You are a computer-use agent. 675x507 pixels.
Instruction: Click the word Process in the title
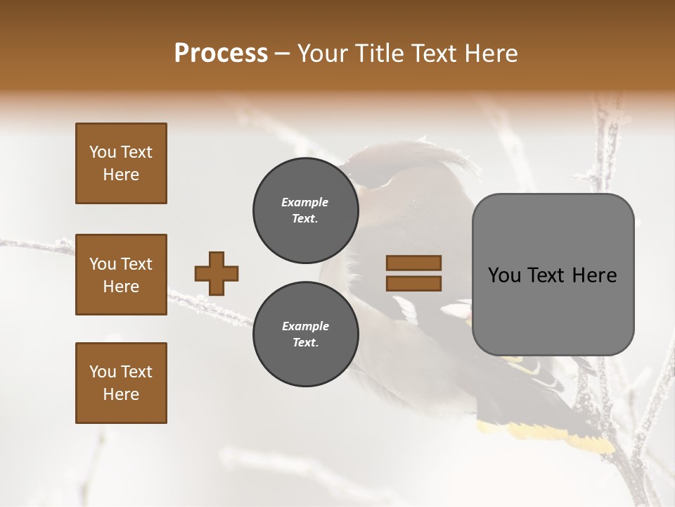221,53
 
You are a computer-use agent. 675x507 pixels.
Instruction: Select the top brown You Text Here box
121,163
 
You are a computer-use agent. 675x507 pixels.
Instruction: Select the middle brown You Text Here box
121,275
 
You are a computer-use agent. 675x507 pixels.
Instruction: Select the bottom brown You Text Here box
121,383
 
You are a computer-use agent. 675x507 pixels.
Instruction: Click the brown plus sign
217,273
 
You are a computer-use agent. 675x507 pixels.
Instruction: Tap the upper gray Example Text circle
305,211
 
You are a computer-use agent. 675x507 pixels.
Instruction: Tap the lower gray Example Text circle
305,334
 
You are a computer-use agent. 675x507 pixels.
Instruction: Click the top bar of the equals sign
413,263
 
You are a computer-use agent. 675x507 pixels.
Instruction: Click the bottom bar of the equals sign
413,283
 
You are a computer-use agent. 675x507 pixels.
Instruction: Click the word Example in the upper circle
305,202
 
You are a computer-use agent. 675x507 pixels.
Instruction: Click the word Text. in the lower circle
305,343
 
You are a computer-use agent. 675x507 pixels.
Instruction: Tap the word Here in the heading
490,54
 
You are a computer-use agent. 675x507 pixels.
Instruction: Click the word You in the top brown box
102,152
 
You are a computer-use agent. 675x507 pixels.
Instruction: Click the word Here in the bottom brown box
121,394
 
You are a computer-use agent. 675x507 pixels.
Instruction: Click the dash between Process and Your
283,54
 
